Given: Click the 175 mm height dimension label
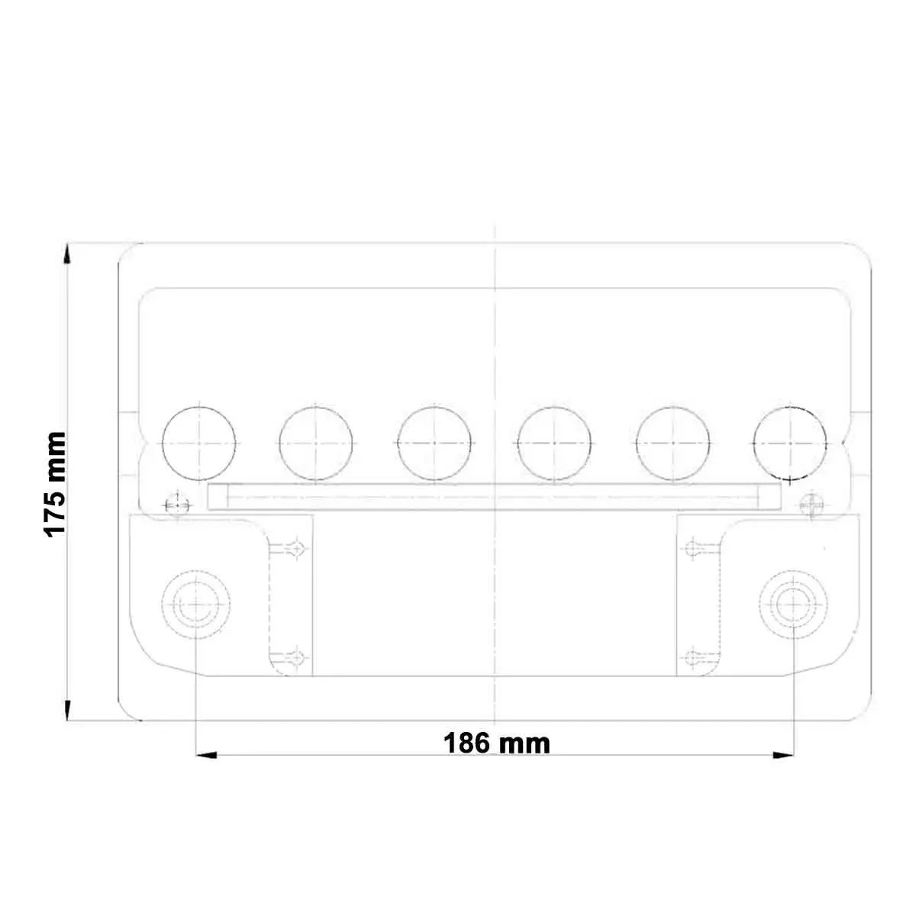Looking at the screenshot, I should point(55,484).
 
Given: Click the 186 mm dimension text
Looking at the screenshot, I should point(497,743).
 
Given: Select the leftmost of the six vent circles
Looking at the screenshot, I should point(199,443).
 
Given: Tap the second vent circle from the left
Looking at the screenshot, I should point(316,443).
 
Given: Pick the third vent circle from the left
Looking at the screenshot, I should point(434,443).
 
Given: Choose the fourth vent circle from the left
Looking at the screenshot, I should point(554,443).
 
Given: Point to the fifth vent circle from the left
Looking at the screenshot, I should point(672,443).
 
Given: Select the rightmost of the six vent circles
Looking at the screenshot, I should point(790,443).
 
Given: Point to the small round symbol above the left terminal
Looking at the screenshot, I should point(176,504).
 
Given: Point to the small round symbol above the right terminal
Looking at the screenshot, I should point(811,504).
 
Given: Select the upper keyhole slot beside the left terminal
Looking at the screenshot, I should point(295,547).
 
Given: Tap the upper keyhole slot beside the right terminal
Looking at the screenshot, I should point(695,547).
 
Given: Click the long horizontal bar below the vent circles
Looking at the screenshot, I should point(495,497).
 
